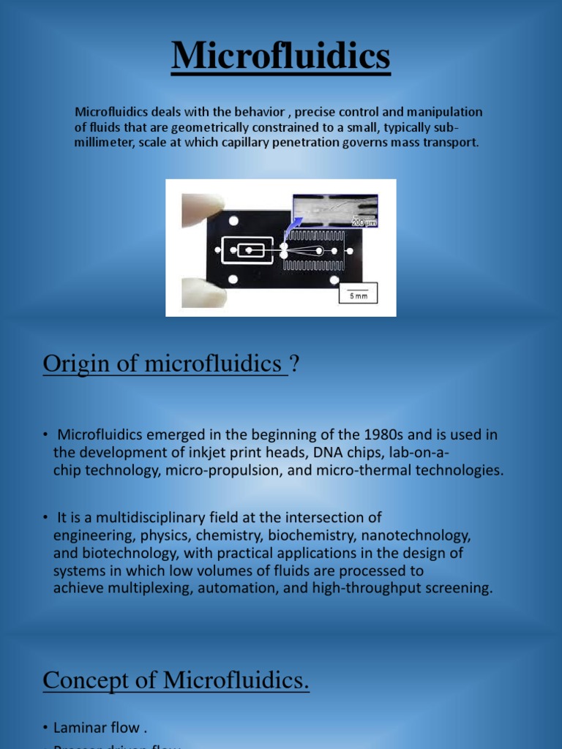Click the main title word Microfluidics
pyautogui.click(x=281, y=56)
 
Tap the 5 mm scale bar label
pyautogui.click(x=358, y=296)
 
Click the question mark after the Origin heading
pyautogui.click(x=295, y=364)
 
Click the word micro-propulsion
pyautogui.click(x=221, y=470)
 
